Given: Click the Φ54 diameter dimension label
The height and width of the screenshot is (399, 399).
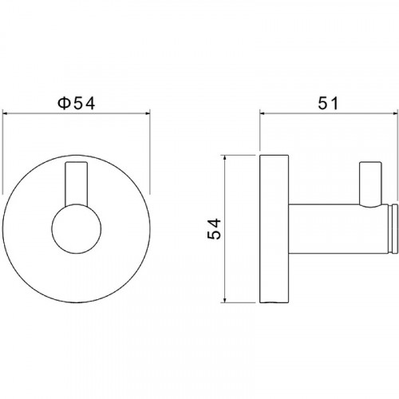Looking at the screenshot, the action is click(x=77, y=104).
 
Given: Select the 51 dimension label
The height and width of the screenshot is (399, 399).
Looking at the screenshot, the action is click(x=328, y=103).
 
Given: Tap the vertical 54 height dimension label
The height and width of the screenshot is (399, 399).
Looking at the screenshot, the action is click(x=214, y=228).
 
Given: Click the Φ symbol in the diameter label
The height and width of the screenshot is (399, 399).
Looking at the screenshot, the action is click(x=64, y=104).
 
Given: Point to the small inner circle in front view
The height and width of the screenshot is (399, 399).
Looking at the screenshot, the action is click(x=77, y=228).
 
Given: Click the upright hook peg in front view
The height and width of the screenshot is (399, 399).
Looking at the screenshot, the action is click(x=77, y=184).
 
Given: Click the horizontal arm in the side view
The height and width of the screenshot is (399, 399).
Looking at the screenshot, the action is click(x=338, y=228).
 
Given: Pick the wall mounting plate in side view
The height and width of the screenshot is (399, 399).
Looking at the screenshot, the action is click(x=275, y=228).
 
